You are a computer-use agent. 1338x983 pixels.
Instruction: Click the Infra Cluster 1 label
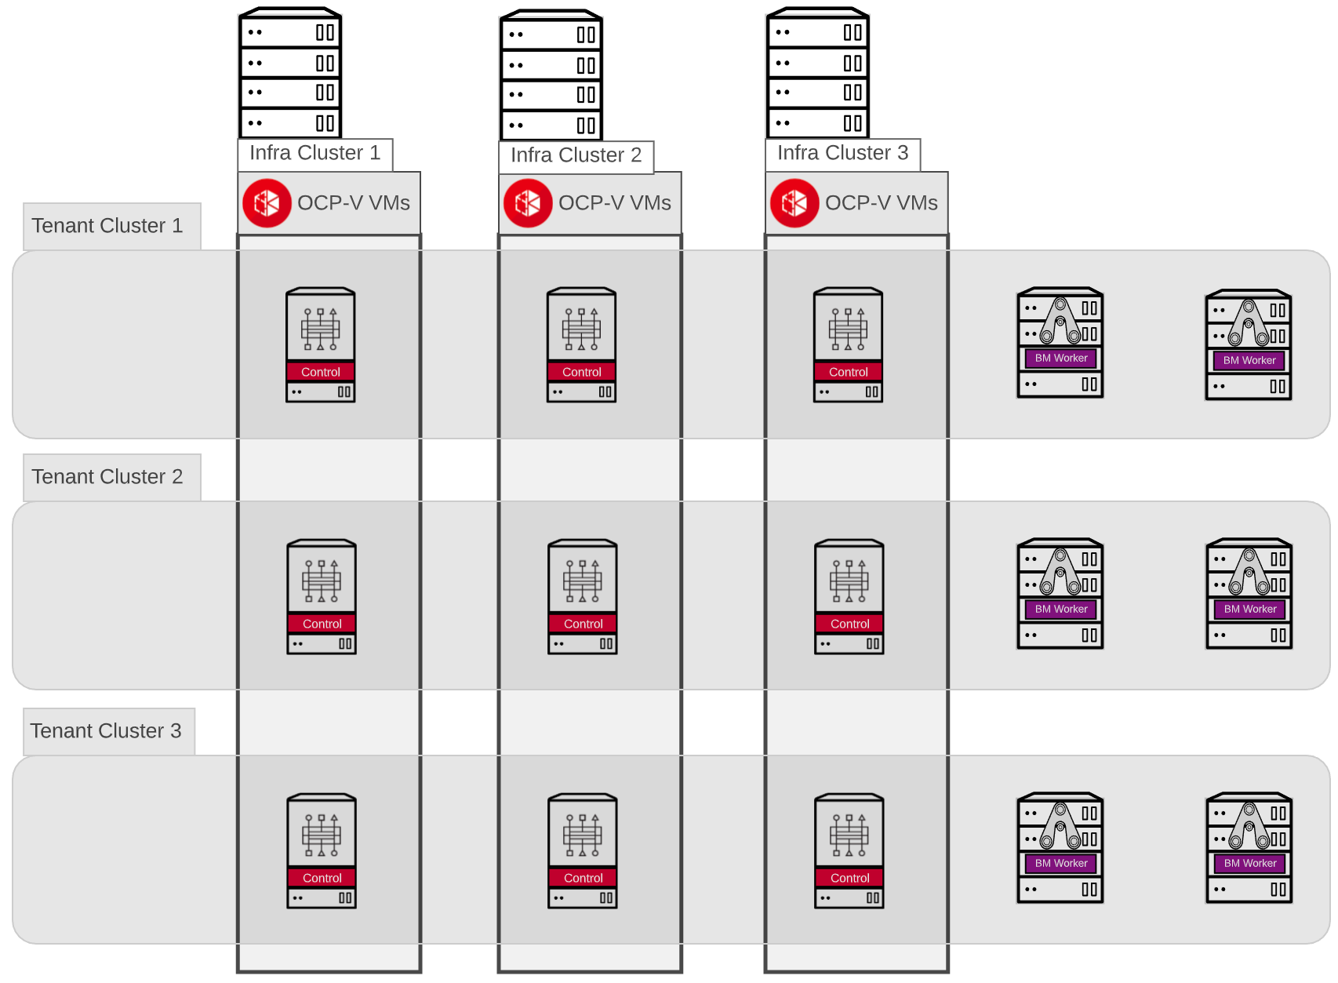tap(315, 153)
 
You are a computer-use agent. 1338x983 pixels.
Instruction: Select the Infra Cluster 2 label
tap(576, 155)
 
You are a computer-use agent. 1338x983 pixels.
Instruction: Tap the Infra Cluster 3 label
tap(842, 153)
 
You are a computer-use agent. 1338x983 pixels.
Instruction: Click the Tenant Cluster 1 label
tap(107, 226)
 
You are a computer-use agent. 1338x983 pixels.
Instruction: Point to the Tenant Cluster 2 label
tap(107, 477)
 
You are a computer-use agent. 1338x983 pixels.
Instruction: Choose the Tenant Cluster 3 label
tap(106, 731)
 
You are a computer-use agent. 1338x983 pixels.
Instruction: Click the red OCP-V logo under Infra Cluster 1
tap(267, 203)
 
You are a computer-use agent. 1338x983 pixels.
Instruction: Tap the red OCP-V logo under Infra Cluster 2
tap(528, 203)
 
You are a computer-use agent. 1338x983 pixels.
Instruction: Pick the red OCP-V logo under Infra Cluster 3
tap(794, 203)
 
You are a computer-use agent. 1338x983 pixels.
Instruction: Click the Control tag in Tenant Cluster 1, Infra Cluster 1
tap(321, 372)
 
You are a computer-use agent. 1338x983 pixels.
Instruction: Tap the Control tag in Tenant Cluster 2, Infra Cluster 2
tap(583, 624)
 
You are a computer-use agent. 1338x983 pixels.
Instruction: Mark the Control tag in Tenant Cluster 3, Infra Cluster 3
tap(849, 878)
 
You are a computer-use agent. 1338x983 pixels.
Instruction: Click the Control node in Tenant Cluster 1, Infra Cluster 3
tap(848, 345)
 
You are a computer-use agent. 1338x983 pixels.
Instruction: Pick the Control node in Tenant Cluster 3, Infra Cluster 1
tap(322, 851)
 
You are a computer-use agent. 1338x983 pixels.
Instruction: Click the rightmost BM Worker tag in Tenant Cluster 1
tap(1249, 360)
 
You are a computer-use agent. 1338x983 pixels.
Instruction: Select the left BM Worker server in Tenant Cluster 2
tap(1060, 594)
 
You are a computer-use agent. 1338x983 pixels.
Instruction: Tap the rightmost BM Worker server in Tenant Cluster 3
tap(1249, 848)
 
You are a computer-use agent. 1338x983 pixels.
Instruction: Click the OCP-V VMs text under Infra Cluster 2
tap(614, 203)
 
